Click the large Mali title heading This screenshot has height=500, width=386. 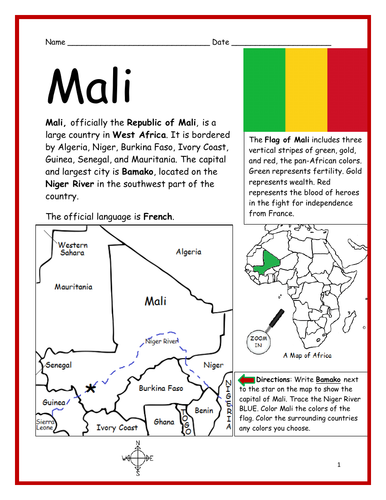(91, 86)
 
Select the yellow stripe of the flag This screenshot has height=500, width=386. (303, 89)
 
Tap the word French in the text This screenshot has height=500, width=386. (158, 216)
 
